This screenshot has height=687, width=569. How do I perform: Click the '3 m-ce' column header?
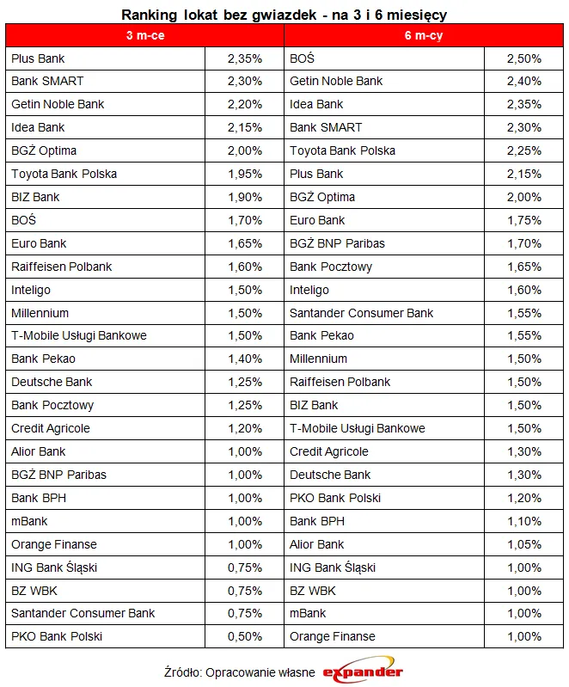144,35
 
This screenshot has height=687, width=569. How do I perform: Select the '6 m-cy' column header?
423,35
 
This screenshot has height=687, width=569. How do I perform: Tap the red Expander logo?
363,672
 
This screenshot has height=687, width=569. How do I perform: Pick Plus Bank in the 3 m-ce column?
38,58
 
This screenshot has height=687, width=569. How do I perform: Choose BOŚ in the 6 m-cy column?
302,58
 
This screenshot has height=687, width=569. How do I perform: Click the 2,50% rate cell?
523,58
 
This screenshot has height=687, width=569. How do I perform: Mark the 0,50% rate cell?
245,637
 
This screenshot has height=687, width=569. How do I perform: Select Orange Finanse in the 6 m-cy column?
333,637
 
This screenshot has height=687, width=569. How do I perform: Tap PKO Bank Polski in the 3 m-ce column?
57,637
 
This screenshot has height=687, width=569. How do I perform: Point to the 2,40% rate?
523,82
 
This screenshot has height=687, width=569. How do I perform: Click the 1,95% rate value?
245,174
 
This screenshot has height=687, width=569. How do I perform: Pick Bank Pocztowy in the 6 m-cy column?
331,267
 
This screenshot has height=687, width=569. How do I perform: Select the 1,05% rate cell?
523,544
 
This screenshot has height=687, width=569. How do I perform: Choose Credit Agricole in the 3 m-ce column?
51,428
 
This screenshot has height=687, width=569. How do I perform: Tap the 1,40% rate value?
245,359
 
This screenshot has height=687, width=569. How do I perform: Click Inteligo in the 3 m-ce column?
33,290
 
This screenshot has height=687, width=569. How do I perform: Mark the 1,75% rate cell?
523,220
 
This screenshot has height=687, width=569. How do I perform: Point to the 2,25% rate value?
523,150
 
